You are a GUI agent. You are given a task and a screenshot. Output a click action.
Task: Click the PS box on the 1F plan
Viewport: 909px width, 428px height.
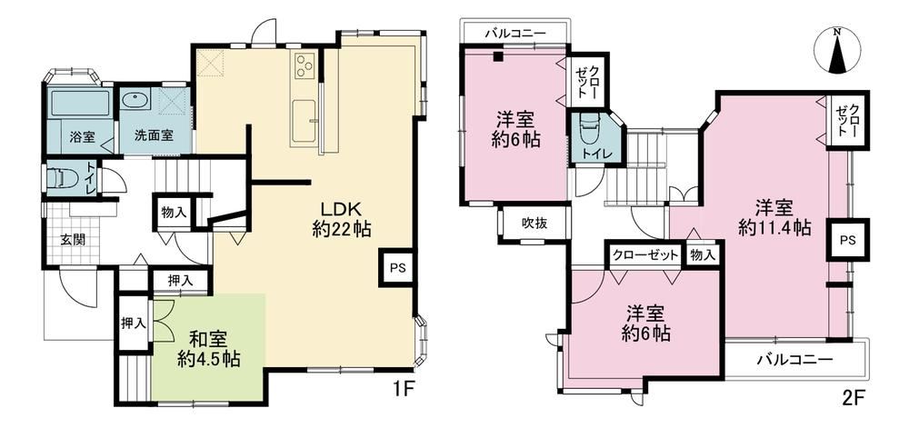[397, 267]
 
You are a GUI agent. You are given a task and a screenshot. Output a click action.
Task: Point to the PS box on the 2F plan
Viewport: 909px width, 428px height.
[848, 239]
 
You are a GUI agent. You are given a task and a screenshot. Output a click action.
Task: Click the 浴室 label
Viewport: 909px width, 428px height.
[83, 138]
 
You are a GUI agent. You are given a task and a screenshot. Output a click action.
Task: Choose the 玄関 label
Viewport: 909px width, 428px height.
[73, 239]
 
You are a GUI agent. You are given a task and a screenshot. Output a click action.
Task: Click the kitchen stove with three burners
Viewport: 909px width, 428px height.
[305, 65]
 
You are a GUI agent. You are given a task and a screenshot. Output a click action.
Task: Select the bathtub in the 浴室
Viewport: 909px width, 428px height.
[79, 104]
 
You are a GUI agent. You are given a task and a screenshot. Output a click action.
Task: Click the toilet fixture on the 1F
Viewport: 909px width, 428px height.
[60, 177]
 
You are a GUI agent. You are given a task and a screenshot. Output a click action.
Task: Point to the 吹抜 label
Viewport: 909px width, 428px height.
[534, 223]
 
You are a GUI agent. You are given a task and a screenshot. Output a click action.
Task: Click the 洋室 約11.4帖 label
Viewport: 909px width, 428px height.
[774, 217]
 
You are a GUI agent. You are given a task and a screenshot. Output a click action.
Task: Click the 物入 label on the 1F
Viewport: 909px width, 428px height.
[174, 212]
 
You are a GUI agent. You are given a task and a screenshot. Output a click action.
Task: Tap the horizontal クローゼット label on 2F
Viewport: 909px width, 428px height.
[645, 254]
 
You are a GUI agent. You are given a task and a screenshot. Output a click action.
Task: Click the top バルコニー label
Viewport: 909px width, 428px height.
[515, 35]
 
